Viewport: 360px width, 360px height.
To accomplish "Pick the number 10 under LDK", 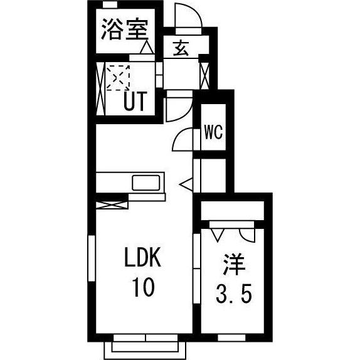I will coord(142,288).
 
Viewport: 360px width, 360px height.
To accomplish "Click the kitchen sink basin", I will coord(147,183).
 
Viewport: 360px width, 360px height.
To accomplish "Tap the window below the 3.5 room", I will coord(231,338).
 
